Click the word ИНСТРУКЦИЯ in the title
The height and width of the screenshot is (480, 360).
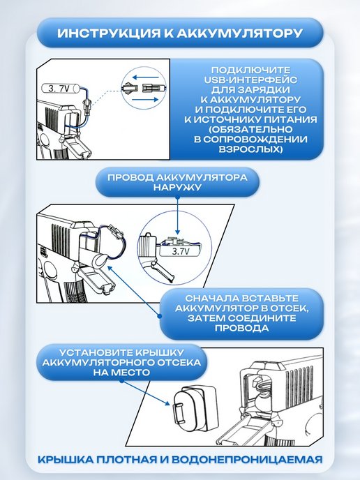[109, 33]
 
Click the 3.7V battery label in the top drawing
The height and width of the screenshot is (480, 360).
[61, 89]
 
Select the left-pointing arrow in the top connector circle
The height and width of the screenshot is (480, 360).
[146, 77]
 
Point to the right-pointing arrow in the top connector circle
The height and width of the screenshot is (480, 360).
[145, 100]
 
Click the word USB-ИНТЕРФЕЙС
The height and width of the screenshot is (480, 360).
[250, 80]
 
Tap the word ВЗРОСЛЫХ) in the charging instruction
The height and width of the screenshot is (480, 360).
[250, 149]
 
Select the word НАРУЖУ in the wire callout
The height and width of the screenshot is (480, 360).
[177, 187]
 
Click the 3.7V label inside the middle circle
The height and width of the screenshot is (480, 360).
[181, 252]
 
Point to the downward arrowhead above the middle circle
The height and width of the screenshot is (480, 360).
[177, 232]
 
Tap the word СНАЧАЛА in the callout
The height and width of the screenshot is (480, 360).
[211, 298]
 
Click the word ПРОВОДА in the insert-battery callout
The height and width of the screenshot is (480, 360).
[242, 328]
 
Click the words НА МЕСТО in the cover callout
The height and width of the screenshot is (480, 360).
[121, 373]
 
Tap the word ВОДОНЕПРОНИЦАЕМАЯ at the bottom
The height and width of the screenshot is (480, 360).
[247, 460]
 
